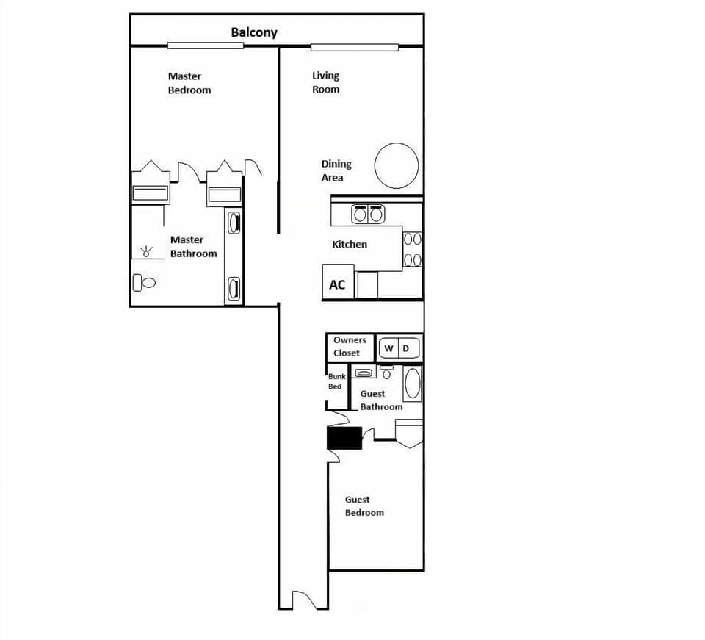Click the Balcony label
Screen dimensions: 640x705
pyautogui.click(x=254, y=32)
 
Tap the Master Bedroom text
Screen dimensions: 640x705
pyautogui.click(x=189, y=83)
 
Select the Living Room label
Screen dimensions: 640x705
pyautogui.click(x=326, y=82)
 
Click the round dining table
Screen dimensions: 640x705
pyautogui.click(x=397, y=166)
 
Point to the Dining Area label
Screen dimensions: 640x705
pyautogui.click(x=336, y=170)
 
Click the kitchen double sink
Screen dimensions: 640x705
pyautogui.click(x=368, y=215)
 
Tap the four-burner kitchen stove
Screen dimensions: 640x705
pyautogui.click(x=412, y=249)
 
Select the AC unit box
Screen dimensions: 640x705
pyautogui.click(x=338, y=284)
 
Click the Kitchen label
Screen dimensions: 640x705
pyautogui.click(x=350, y=244)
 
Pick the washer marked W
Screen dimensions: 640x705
pyautogui.click(x=388, y=348)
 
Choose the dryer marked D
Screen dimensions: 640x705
pyautogui.click(x=405, y=348)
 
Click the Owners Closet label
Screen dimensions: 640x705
pyautogui.click(x=347, y=347)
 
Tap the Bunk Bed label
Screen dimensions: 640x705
pyautogui.click(x=336, y=381)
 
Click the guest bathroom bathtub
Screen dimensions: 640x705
pyautogui.click(x=413, y=384)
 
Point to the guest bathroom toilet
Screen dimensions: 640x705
pyautogui.click(x=387, y=372)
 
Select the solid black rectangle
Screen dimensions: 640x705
pyautogui.click(x=344, y=438)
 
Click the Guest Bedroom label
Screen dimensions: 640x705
pyautogui.click(x=364, y=506)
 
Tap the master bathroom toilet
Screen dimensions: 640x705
pyautogui.click(x=145, y=282)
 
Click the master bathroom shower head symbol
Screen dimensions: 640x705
pyautogui.click(x=148, y=252)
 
